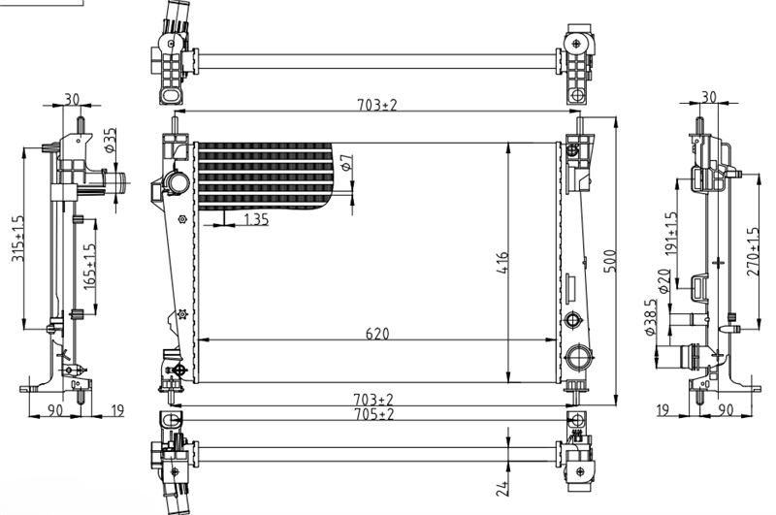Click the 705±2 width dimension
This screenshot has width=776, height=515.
click(373, 414)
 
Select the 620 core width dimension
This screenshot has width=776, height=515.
click(377, 334)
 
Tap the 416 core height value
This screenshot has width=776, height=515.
click(501, 263)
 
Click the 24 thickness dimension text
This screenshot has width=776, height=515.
click(502, 488)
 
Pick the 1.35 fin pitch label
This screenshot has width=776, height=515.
click(256, 219)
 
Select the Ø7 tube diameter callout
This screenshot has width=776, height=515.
click(348, 162)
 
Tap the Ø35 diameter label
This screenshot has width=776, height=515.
click(111, 140)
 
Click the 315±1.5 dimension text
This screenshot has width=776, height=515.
click(18, 239)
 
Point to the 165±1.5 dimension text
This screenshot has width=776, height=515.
click(89, 267)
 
